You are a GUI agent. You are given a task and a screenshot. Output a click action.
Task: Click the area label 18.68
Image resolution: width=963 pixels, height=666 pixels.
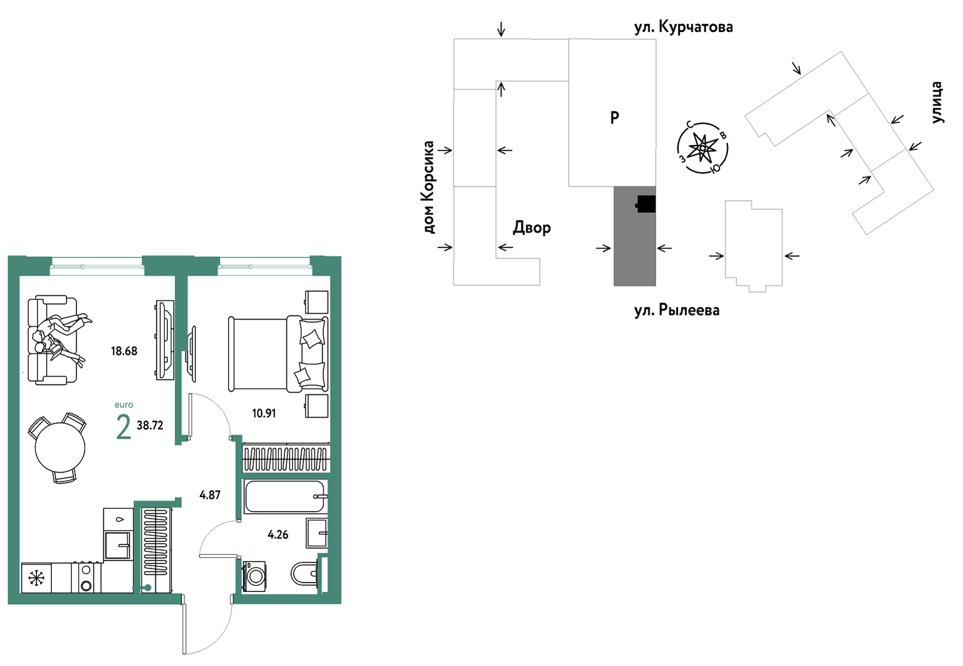pos(124,351)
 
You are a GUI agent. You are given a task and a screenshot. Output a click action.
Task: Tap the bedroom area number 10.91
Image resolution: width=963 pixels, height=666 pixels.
pos(263,414)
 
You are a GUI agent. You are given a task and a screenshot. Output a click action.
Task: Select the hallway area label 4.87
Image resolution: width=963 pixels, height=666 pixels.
pos(210,495)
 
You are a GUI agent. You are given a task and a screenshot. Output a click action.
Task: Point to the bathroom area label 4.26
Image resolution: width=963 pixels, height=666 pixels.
pos(278,535)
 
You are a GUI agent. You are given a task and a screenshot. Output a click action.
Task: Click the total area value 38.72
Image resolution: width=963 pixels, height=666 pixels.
pos(150,425)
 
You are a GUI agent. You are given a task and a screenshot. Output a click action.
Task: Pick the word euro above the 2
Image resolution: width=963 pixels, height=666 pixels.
pos(124,405)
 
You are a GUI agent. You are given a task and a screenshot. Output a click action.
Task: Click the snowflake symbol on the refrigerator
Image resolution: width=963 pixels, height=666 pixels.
pos(36,578)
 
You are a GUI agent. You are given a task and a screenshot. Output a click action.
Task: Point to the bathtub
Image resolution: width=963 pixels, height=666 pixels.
pos(284,497)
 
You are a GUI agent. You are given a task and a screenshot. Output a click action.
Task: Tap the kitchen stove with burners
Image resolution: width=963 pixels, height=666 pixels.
pos(86,578)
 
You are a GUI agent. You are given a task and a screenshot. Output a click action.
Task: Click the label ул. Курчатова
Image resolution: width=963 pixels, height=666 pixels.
pos(684,27)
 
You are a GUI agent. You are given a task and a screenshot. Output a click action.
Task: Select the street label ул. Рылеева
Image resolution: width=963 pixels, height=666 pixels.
pos(677,310)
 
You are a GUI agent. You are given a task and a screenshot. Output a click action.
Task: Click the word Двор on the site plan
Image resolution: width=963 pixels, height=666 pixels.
pos(532,228)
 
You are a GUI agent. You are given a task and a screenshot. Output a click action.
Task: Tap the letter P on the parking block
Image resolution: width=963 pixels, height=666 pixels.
pos(614,117)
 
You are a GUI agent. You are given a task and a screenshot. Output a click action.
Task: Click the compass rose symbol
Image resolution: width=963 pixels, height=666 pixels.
pos(703,148)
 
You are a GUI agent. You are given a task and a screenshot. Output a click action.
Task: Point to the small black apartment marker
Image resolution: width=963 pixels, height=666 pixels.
pos(645,204)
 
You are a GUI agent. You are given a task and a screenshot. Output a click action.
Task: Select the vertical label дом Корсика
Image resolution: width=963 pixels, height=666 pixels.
pos(428,188)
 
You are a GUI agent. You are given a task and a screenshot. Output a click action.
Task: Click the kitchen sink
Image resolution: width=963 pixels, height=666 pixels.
pos(117,544)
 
